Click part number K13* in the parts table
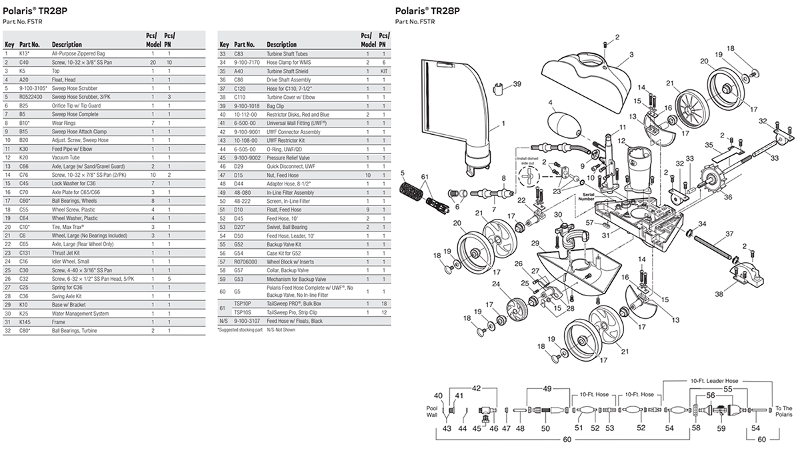[25, 53]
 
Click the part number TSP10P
[243, 304]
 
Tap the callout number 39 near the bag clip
[516, 85]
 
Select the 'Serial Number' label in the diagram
[587, 197]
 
